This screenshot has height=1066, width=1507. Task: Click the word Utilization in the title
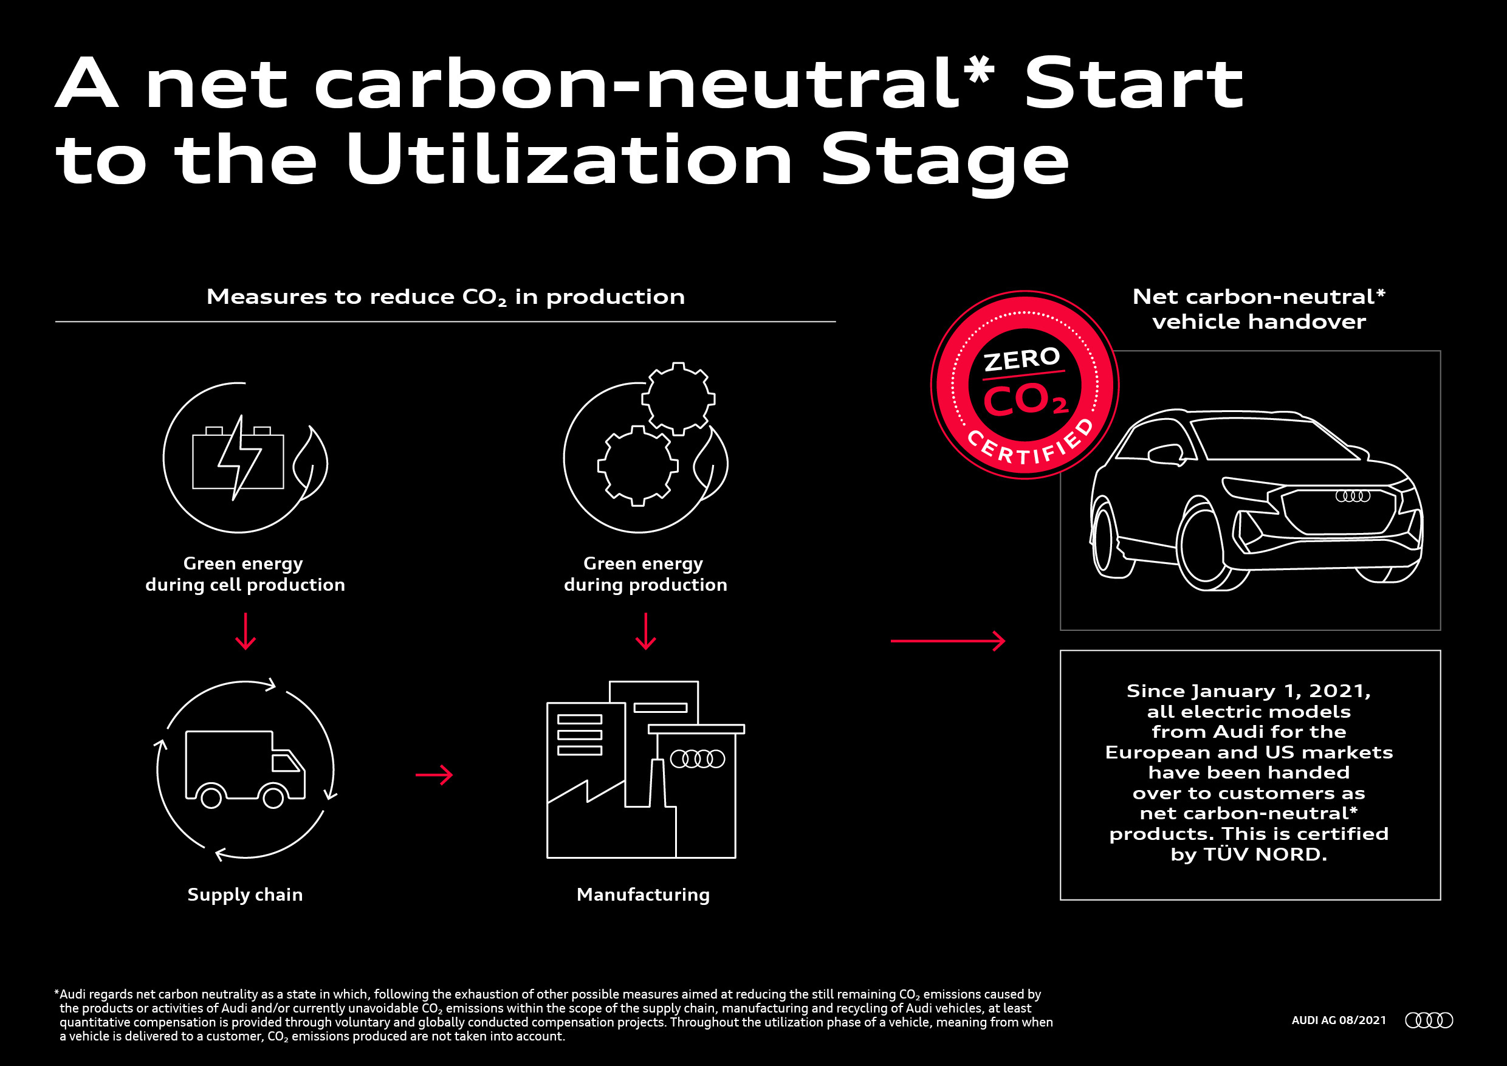point(569,158)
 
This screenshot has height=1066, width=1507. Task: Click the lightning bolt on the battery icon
point(239,458)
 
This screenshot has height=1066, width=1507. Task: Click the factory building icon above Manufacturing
point(645,769)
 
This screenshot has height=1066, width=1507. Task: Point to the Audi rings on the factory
point(697,760)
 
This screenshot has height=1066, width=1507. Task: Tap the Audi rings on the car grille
point(1353,497)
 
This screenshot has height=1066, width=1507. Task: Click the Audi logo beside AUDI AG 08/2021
point(1429,1020)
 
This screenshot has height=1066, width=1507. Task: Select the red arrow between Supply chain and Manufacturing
point(434,775)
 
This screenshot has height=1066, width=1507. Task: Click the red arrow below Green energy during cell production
point(245,631)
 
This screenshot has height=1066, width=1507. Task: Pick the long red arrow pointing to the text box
point(948,641)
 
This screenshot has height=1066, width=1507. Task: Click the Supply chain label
point(245,895)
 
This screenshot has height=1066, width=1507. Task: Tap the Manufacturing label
point(644,895)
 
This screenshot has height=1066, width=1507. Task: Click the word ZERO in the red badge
point(1022,359)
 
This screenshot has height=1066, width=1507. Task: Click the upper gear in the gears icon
point(678,399)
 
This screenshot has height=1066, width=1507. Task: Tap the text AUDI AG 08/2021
point(1339,1020)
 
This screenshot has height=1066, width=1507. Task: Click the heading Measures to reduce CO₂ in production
point(445,297)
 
